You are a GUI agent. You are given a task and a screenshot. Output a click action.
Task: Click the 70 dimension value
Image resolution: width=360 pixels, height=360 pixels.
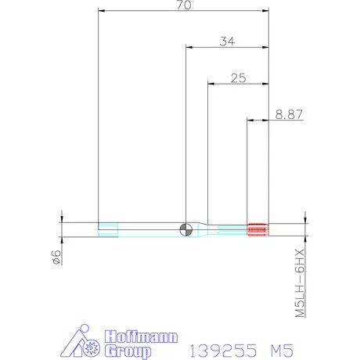[185, 5]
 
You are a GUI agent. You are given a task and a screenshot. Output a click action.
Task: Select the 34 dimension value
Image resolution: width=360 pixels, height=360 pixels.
[228, 41]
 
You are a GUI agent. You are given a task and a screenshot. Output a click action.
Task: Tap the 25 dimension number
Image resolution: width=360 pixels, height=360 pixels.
[239, 77]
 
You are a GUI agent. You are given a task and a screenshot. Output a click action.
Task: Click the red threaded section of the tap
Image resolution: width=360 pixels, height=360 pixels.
[257, 229]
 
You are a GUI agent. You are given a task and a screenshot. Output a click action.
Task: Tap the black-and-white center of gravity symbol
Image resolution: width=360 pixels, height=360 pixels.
[185, 229]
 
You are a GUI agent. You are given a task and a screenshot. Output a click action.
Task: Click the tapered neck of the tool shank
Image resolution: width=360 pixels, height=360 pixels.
[203, 229]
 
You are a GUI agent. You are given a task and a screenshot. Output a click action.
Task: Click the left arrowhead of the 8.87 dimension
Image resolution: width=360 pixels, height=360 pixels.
[251, 120]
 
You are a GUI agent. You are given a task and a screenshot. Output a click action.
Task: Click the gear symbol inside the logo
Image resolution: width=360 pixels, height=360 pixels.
[92, 344]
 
